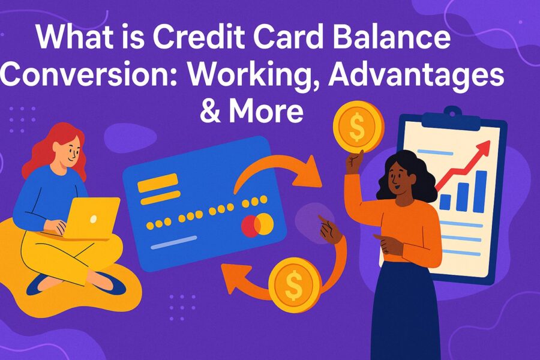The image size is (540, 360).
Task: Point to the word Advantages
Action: click(416, 76)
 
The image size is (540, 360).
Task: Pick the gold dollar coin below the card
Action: click(295, 285)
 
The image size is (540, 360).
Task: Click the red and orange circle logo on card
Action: click(257, 226)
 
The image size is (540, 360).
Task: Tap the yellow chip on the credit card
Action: click(158, 188)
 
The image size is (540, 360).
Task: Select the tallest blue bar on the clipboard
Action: click(480, 191)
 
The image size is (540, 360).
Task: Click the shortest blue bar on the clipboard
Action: click(445, 202)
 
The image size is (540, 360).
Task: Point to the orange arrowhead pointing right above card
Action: click(308, 172)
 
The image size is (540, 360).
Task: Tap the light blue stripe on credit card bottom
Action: click(174, 242)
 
